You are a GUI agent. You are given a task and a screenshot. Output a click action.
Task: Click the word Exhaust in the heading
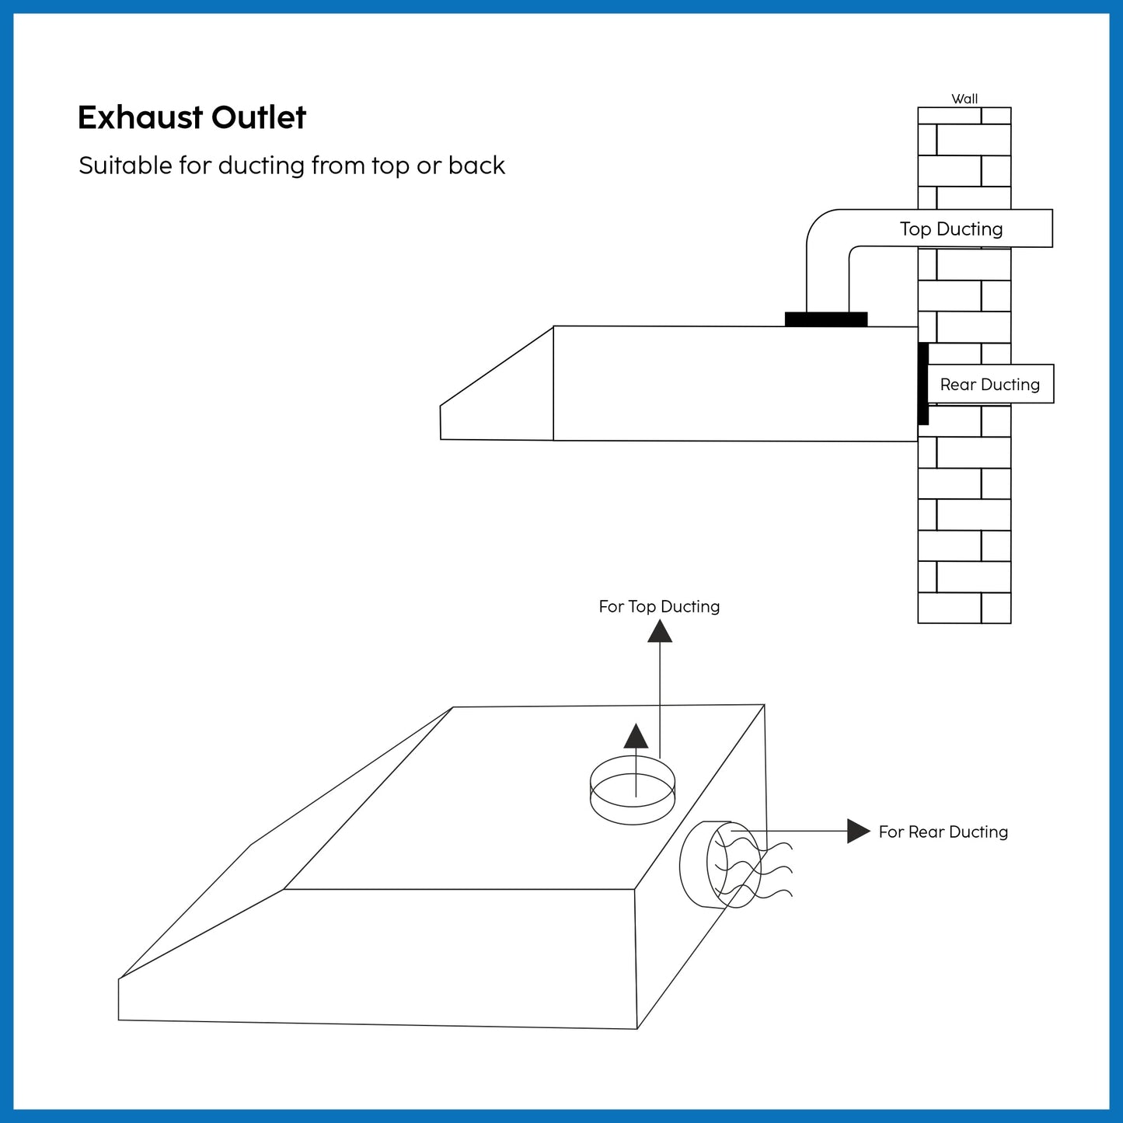click(x=140, y=117)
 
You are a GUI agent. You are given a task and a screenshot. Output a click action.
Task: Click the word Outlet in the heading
click(x=258, y=117)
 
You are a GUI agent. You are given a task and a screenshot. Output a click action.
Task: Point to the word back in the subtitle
click(x=476, y=166)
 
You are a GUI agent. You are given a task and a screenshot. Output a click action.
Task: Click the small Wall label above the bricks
click(x=964, y=99)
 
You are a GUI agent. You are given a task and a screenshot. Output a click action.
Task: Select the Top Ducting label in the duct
click(x=951, y=229)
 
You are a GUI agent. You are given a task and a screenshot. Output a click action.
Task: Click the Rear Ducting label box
click(x=990, y=384)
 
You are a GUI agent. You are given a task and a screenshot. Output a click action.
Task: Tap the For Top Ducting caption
click(x=659, y=607)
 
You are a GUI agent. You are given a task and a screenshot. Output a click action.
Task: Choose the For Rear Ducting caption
click(x=943, y=832)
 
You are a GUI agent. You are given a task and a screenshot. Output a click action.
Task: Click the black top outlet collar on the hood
click(x=826, y=319)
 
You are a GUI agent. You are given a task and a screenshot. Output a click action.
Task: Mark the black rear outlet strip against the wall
click(x=923, y=383)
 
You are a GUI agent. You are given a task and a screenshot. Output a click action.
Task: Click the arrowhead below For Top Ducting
click(x=660, y=631)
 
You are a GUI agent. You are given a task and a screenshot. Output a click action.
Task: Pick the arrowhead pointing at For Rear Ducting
click(x=859, y=831)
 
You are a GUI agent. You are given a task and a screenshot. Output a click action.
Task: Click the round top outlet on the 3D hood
click(x=633, y=790)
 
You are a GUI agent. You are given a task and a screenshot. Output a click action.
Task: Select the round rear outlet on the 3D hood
click(x=720, y=864)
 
